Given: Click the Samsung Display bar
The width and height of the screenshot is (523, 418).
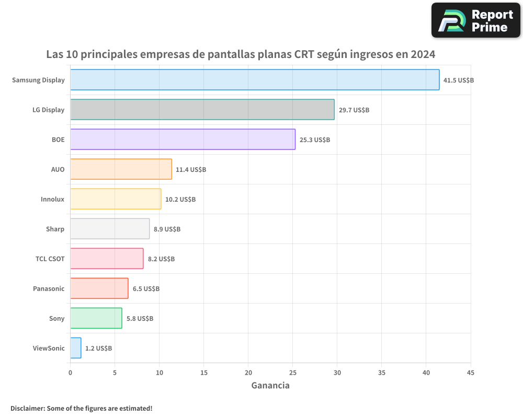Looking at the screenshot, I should pyautogui.click(x=255, y=80).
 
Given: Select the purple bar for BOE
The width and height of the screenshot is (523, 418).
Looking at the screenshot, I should pyautogui.click(x=183, y=140).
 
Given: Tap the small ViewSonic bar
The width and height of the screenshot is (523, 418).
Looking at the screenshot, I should pyautogui.click(x=76, y=348).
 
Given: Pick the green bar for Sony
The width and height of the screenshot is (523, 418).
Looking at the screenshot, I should pyautogui.click(x=96, y=318).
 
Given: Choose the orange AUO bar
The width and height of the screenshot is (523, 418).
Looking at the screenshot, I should pyautogui.click(x=121, y=169).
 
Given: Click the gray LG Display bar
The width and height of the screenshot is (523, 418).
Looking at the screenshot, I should pyautogui.click(x=202, y=110).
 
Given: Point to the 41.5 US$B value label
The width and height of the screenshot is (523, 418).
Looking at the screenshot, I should pyautogui.click(x=458, y=80).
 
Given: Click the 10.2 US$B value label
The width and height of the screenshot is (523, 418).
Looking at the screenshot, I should pyautogui.click(x=180, y=200).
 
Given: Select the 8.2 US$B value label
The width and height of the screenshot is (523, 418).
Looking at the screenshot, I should pyautogui.click(x=161, y=259).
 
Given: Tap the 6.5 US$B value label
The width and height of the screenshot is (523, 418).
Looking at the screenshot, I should pyautogui.click(x=146, y=289).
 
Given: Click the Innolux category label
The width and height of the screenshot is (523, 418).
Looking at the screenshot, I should pyautogui.click(x=52, y=199).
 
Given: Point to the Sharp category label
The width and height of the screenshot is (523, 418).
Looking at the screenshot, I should pyautogui.click(x=55, y=229).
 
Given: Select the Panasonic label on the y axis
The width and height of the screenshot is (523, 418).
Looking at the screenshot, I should pyautogui.click(x=49, y=288).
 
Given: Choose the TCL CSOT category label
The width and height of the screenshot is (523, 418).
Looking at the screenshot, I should pyautogui.click(x=50, y=259).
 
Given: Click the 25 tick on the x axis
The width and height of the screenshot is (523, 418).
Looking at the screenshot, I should pyautogui.click(x=293, y=373).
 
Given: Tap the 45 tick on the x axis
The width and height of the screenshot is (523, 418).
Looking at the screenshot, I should pyautogui.click(x=471, y=373).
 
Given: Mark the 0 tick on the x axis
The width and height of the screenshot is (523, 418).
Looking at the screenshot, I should pyautogui.click(x=71, y=373).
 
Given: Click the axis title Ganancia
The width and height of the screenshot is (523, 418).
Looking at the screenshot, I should pyautogui.click(x=270, y=386).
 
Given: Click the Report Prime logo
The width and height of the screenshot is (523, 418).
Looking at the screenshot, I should pyautogui.click(x=475, y=20).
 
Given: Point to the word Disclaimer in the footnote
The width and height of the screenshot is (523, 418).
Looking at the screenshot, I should pyautogui.click(x=27, y=408).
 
